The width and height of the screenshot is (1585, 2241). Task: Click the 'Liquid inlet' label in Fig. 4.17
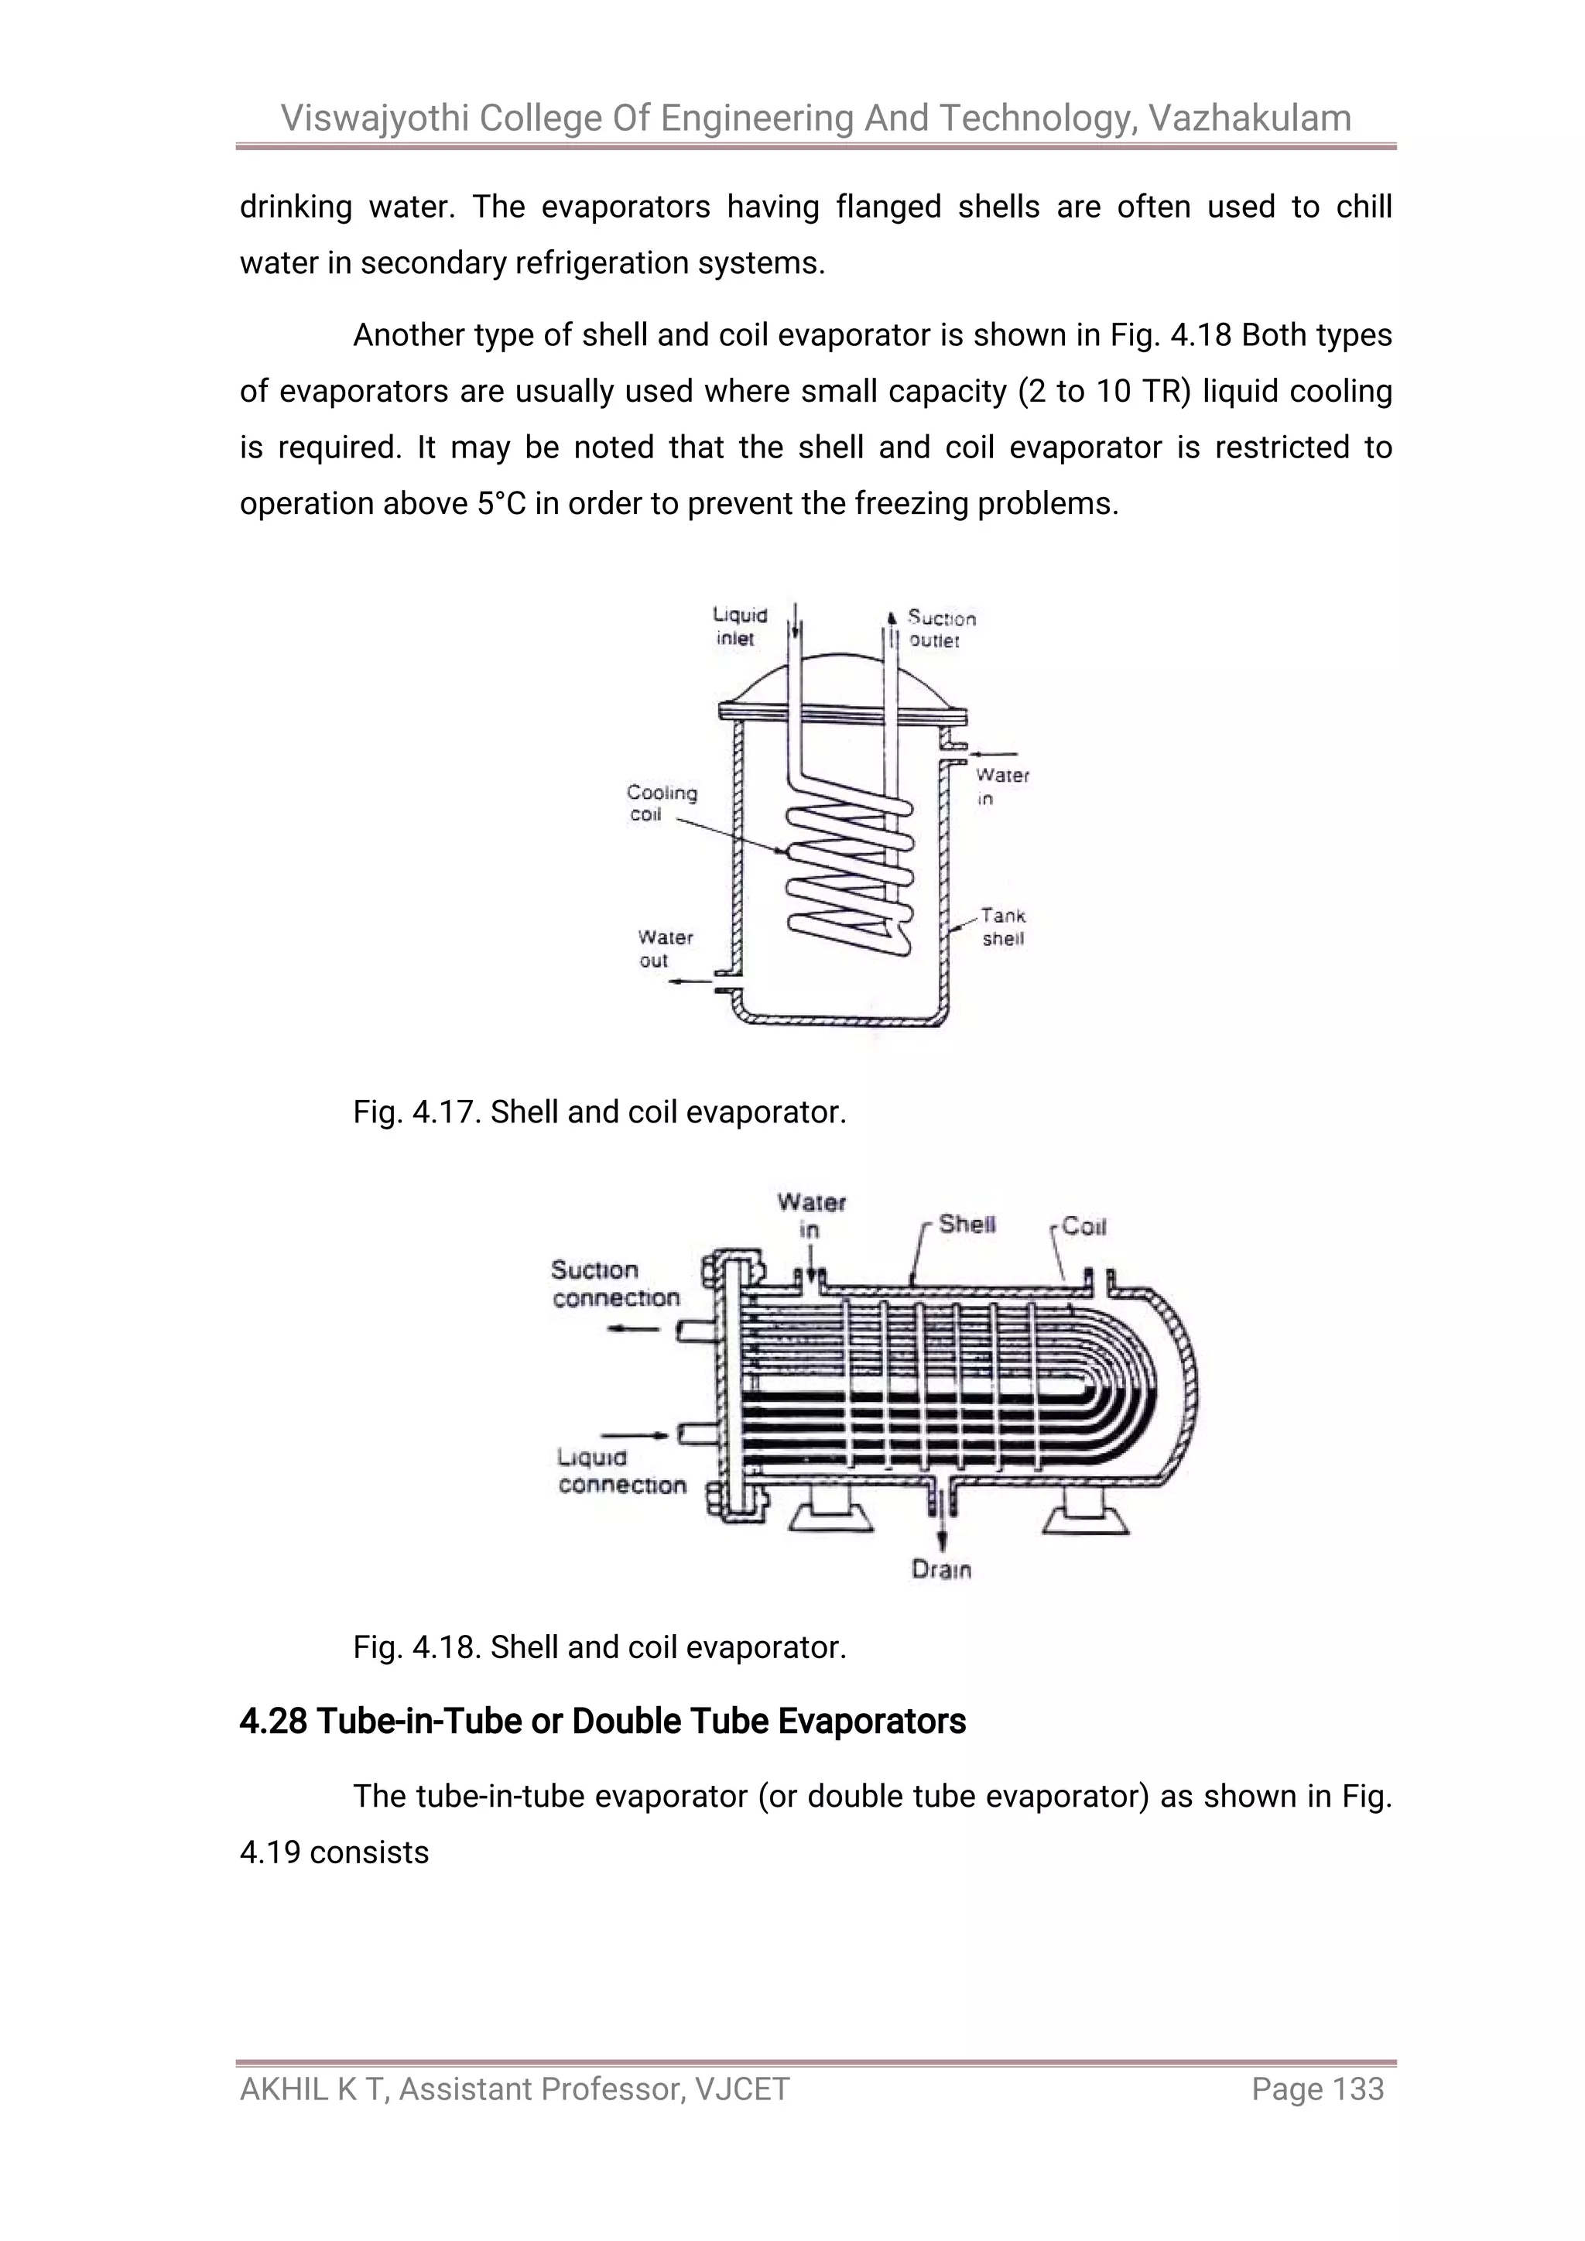[740, 626]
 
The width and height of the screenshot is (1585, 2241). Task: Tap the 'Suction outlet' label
[940, 629]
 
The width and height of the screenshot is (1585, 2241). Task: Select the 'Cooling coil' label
[661, 804]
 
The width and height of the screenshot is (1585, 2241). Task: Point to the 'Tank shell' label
[1002, 927]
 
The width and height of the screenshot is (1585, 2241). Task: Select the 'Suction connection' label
[614, 1283]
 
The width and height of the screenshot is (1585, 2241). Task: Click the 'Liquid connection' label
[621, 1471]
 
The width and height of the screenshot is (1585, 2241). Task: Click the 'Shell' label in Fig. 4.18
[966, 1224]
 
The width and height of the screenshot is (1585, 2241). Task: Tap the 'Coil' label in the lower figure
[1083, 1227]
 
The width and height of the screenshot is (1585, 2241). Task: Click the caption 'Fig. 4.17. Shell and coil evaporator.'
[599, 1112]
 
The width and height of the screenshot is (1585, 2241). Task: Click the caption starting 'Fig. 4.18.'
[599, 1647]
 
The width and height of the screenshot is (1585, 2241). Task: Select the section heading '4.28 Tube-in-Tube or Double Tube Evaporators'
[602, 1721]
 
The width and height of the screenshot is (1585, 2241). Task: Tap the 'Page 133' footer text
[1317, 2089]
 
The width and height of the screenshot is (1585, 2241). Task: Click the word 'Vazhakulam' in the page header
[1249, 118]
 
